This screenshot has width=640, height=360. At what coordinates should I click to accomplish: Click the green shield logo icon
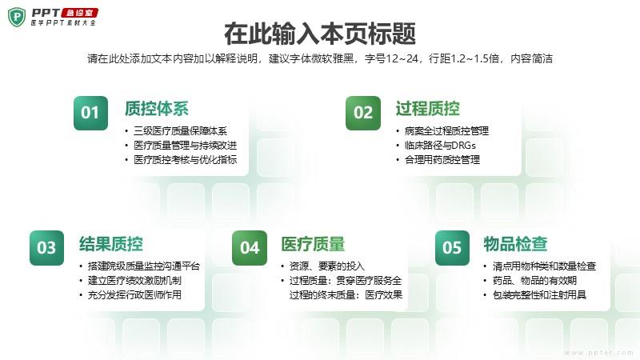(x=17, y=17)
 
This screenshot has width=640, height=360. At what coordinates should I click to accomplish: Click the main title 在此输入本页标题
(x=320, y=34)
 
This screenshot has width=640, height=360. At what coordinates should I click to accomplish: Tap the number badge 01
(x=90, y=113)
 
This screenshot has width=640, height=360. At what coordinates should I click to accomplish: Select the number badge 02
(x=363, y=113)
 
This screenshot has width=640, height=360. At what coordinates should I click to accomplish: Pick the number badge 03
(x=46, y=248)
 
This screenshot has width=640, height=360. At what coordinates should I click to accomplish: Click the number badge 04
(x=250, y=248)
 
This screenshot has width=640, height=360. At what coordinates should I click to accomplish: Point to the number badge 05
(x=452, y=248)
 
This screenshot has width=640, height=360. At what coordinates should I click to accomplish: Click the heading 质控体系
(x=157, y=109)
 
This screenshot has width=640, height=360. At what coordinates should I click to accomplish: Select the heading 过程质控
(x=427, y=109)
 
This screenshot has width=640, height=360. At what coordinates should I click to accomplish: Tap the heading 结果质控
(x=111, y=244)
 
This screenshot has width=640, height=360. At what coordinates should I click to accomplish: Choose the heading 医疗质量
(x=313, y=244)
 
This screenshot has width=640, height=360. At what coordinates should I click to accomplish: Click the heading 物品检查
(x=515, y=244)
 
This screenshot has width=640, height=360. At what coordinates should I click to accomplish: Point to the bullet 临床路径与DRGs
(x=440, y=146)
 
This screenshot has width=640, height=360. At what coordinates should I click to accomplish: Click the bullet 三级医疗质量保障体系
(x=181, y=131)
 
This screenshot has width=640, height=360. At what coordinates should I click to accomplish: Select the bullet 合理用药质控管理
(x=442, y=159)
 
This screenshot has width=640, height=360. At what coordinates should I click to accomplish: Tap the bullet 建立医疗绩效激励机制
(x=134, y=281)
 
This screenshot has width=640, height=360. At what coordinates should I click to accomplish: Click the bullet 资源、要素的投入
(x=327, y=266)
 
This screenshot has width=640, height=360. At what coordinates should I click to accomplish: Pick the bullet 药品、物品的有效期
(x=534, y=281)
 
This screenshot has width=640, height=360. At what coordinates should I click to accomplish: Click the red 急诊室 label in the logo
(x=81, y=13)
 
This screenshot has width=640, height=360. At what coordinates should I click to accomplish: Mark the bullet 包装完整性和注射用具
(x=539, y=294)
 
